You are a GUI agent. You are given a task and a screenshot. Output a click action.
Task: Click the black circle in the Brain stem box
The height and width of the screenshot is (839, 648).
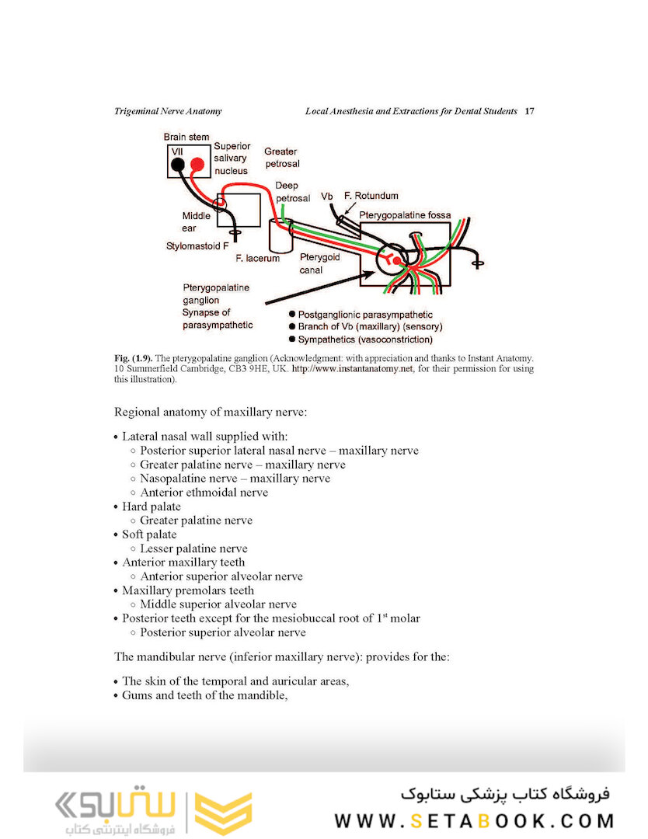(x=178, y=164)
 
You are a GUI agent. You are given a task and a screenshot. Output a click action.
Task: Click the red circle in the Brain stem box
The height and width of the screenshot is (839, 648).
(x=197, y=164)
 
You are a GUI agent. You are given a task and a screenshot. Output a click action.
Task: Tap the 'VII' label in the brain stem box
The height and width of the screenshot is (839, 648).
(x=177, y=151)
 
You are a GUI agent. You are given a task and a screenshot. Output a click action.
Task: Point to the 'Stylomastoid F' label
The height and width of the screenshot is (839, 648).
(x=197, y=246)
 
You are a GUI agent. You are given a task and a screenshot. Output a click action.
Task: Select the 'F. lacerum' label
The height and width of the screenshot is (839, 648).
(x=257, y=258)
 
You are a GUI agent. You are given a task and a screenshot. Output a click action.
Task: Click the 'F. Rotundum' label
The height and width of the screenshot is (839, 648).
(x=371, y=196)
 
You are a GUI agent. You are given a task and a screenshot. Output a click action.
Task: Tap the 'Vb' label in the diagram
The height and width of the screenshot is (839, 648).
(x=327, y=196)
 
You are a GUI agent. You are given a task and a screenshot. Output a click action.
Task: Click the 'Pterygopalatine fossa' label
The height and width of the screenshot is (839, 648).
(x=404, y=213)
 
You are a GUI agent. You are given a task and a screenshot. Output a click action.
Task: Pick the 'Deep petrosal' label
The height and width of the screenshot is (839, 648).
(x=292, y=192)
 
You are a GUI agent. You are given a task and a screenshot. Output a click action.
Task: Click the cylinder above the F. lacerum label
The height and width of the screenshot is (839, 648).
(x=278, y=235)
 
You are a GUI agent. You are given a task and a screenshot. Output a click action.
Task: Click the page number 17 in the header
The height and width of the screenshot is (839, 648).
(x=529, y=111)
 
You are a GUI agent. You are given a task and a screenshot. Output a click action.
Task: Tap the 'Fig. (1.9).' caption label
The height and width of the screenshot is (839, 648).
(x=133, y=358)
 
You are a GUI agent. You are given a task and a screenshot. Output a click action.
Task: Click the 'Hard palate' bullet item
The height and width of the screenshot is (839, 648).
(x=151, y=507)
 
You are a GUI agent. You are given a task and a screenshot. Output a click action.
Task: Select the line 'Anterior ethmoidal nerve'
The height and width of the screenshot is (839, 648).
(x=204, y=493)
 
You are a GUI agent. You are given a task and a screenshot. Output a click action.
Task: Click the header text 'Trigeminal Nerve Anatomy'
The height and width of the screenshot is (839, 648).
(x=168, y=111)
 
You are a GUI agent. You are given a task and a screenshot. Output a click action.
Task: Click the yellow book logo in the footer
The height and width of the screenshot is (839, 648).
(x=223, y=813)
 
